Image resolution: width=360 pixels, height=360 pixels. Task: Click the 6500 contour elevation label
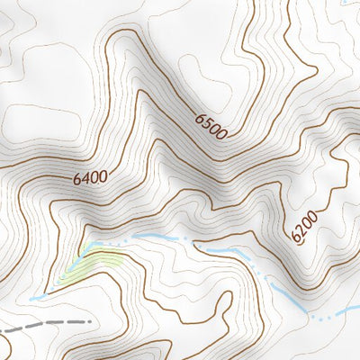click(x=210, y=126)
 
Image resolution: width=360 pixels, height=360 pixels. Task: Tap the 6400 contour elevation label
click(x=91, y=175)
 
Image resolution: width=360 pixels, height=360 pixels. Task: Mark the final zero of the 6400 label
click(x=104, y=171)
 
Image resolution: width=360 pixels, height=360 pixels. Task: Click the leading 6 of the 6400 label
click(x=78, y=178)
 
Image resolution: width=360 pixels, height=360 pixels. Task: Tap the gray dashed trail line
click(x=54, y=323)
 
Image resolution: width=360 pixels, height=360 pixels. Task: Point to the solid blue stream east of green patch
click(x=153, y=237)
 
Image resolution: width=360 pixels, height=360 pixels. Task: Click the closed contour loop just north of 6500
click(x=198, y=67)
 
